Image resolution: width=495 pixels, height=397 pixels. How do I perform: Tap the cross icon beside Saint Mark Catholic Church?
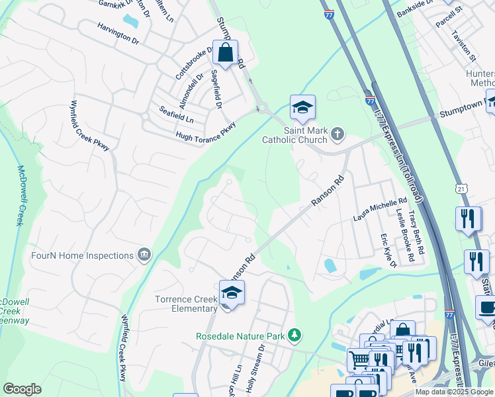[337, 135]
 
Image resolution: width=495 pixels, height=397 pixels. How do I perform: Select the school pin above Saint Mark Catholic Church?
[302, 107]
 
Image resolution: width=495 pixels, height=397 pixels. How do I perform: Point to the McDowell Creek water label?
[20, 195]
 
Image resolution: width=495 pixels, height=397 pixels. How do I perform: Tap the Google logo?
[22, 389]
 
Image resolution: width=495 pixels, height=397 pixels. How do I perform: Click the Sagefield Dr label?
[216, 89]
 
